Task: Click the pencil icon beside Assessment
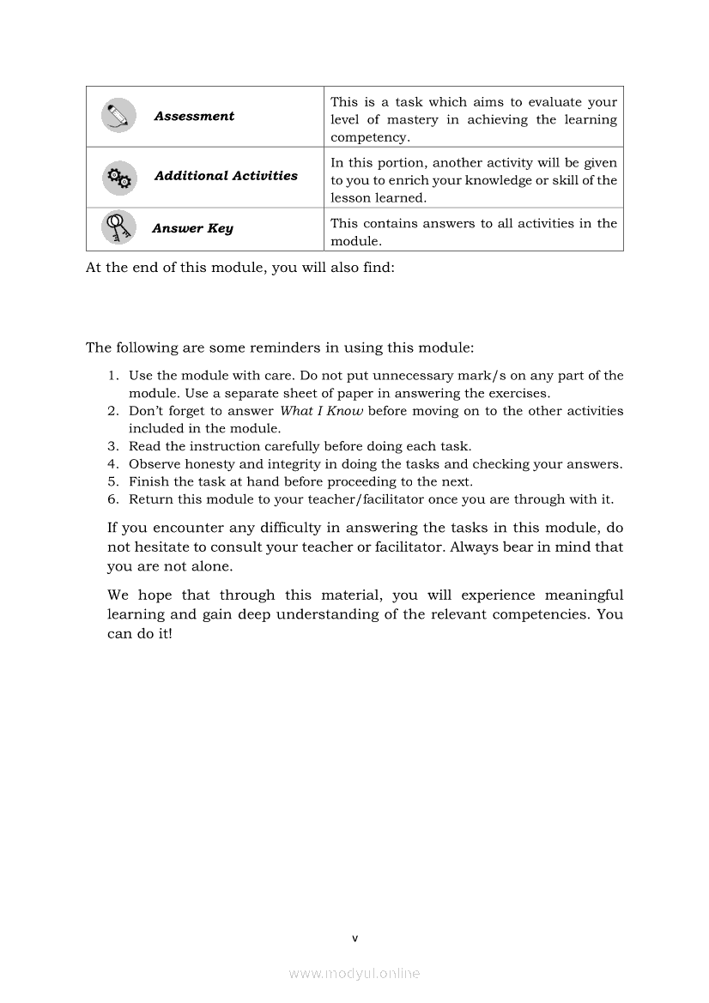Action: click(118, 116)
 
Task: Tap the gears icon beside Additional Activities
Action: click(118, 177)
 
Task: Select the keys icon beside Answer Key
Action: click(118, 227)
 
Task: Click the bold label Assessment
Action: click(194, 116)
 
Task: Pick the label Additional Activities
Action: click(226, 176)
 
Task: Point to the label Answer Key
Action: click(192, 228)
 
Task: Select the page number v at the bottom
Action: click(354, 938)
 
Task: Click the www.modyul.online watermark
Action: click(354, 974)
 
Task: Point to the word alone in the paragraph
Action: click(212, 567)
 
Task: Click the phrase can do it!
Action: click(140, 634)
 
